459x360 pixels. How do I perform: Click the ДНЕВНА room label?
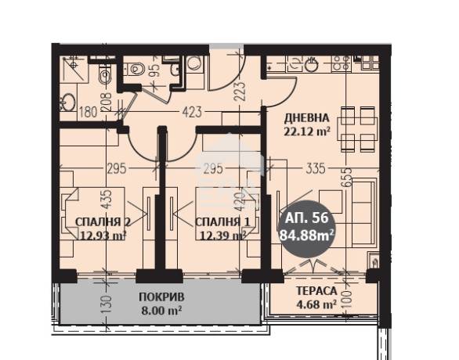pyautogui.click(x=307, y=118)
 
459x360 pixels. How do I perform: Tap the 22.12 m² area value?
pyautogui.click(x=307, y=131)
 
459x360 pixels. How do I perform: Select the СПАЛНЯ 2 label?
pyautogui.click(x=103, y=222)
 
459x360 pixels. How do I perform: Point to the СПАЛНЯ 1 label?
pyautogui.click(x=222, y=222)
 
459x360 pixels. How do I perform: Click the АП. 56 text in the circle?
pyautogui.click(x=306, y=218)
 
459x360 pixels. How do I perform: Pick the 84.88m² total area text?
pyautogui.click(x=307, y=235)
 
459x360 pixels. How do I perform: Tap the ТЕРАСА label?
pyautogui.click(x=316, y=291)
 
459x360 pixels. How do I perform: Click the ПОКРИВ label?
pyautogui.click(x=161, y=297)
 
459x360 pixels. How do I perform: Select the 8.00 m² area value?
pyautogui.click(x=161, y=310)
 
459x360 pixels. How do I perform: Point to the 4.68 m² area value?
pyautogui.click(x=316, y=304)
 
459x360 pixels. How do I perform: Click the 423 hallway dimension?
pyautogui.click(x=192, y=112)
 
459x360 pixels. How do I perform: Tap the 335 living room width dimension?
pyautogui.click(x=316, y=168)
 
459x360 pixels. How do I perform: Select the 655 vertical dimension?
pyautogui.click(x=347, y=177)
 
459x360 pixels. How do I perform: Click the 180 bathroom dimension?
pyautogui.click(x=89, y=112)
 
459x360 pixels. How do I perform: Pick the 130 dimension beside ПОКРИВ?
pyautogui.click(x=107, y=305)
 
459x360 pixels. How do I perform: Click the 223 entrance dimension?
pyautogui.click(x=239, y=91)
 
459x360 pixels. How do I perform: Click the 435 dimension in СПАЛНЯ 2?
pyautogui.click(x=107, y=200)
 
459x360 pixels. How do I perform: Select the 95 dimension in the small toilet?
pyautogui.click(x=157, y=70)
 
